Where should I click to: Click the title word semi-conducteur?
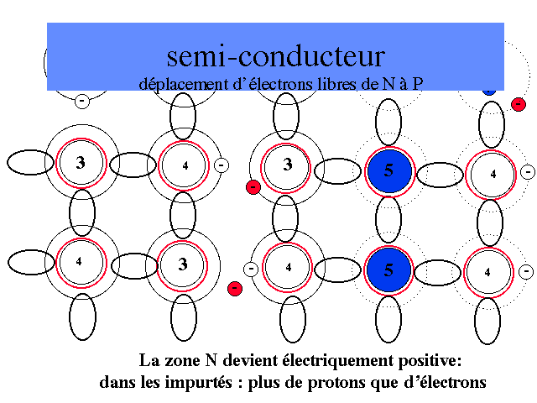click(x=275, y=56)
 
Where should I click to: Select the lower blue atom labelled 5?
click(x=388, y=270)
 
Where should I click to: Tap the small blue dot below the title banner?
click(x=490, y=89)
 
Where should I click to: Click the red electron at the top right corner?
click(x=518, y=105)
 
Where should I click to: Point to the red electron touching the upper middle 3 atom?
click(x=253, y=186)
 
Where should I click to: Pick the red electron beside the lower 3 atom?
click(x=234, y=289)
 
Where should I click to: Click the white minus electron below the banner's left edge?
click(x=82, y=101)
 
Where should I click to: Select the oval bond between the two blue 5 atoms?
click(x=388, y=221)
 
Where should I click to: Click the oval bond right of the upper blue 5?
click(x=441, y=174)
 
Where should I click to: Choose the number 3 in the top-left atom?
click(x=81, y=163)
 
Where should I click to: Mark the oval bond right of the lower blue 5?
click(x=441, y=271)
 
